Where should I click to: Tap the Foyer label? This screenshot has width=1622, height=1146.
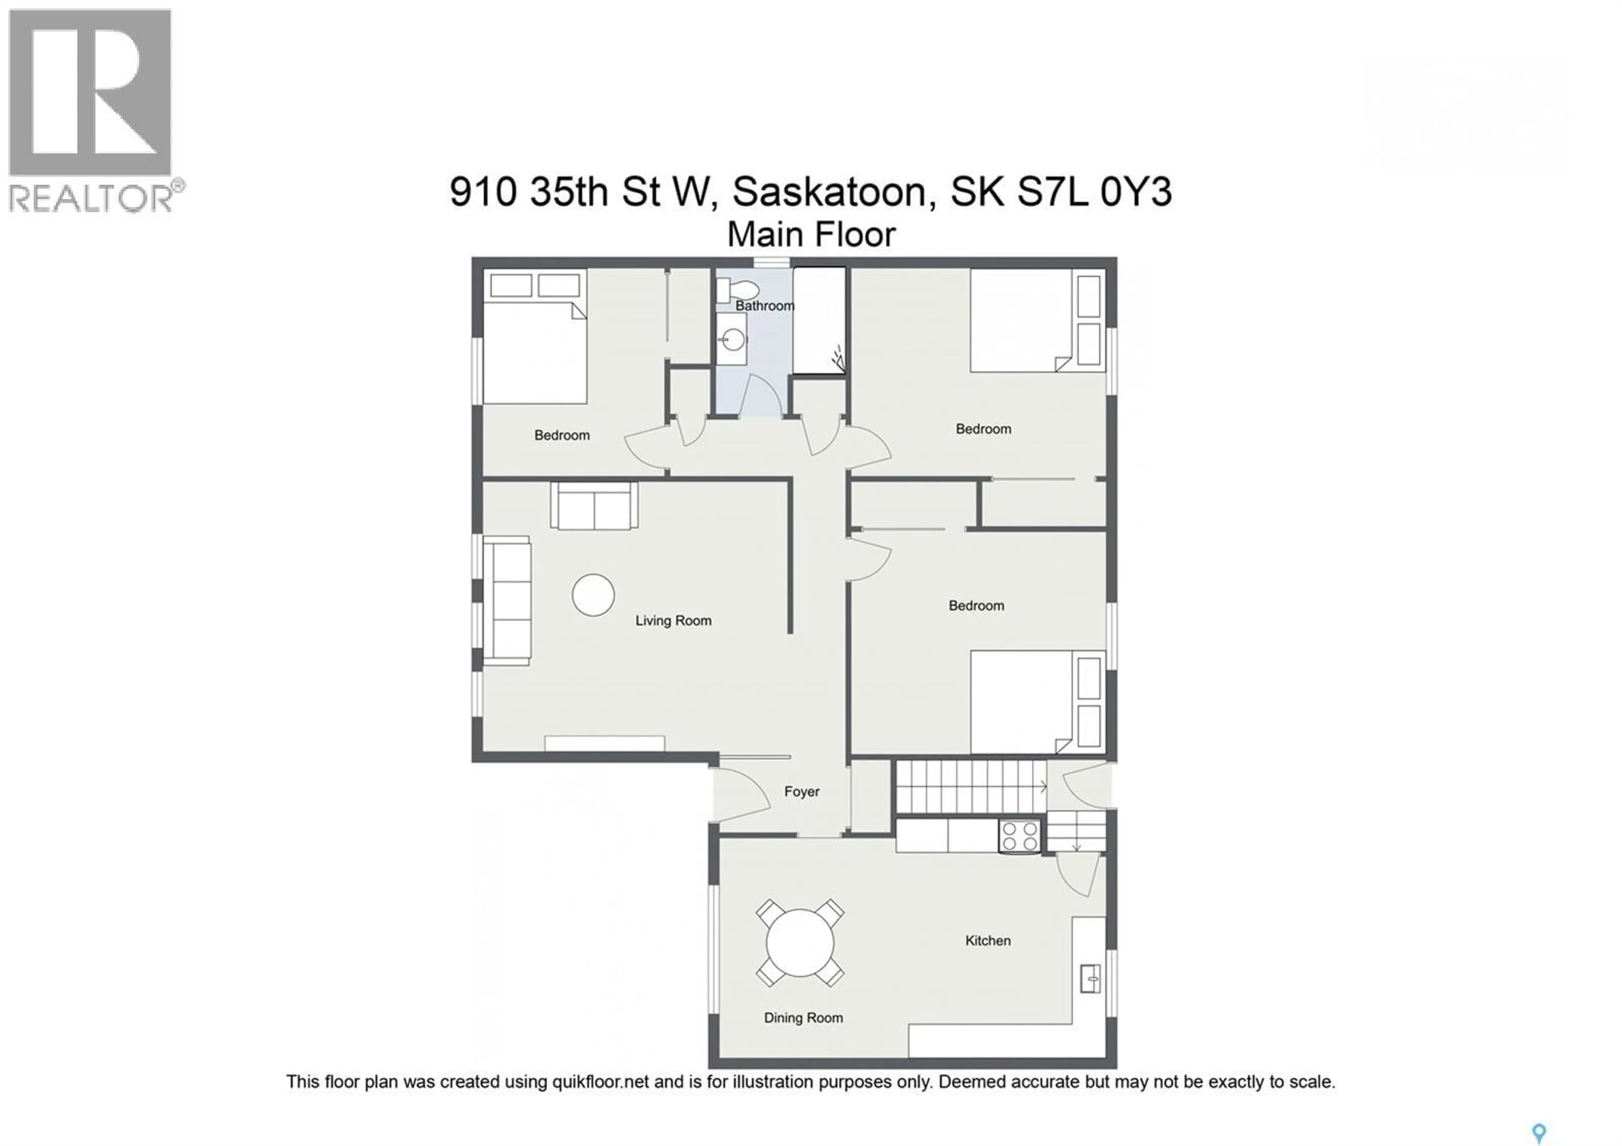(x=801, y=792)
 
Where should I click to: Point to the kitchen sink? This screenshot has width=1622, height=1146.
(x=1090, y=979)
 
